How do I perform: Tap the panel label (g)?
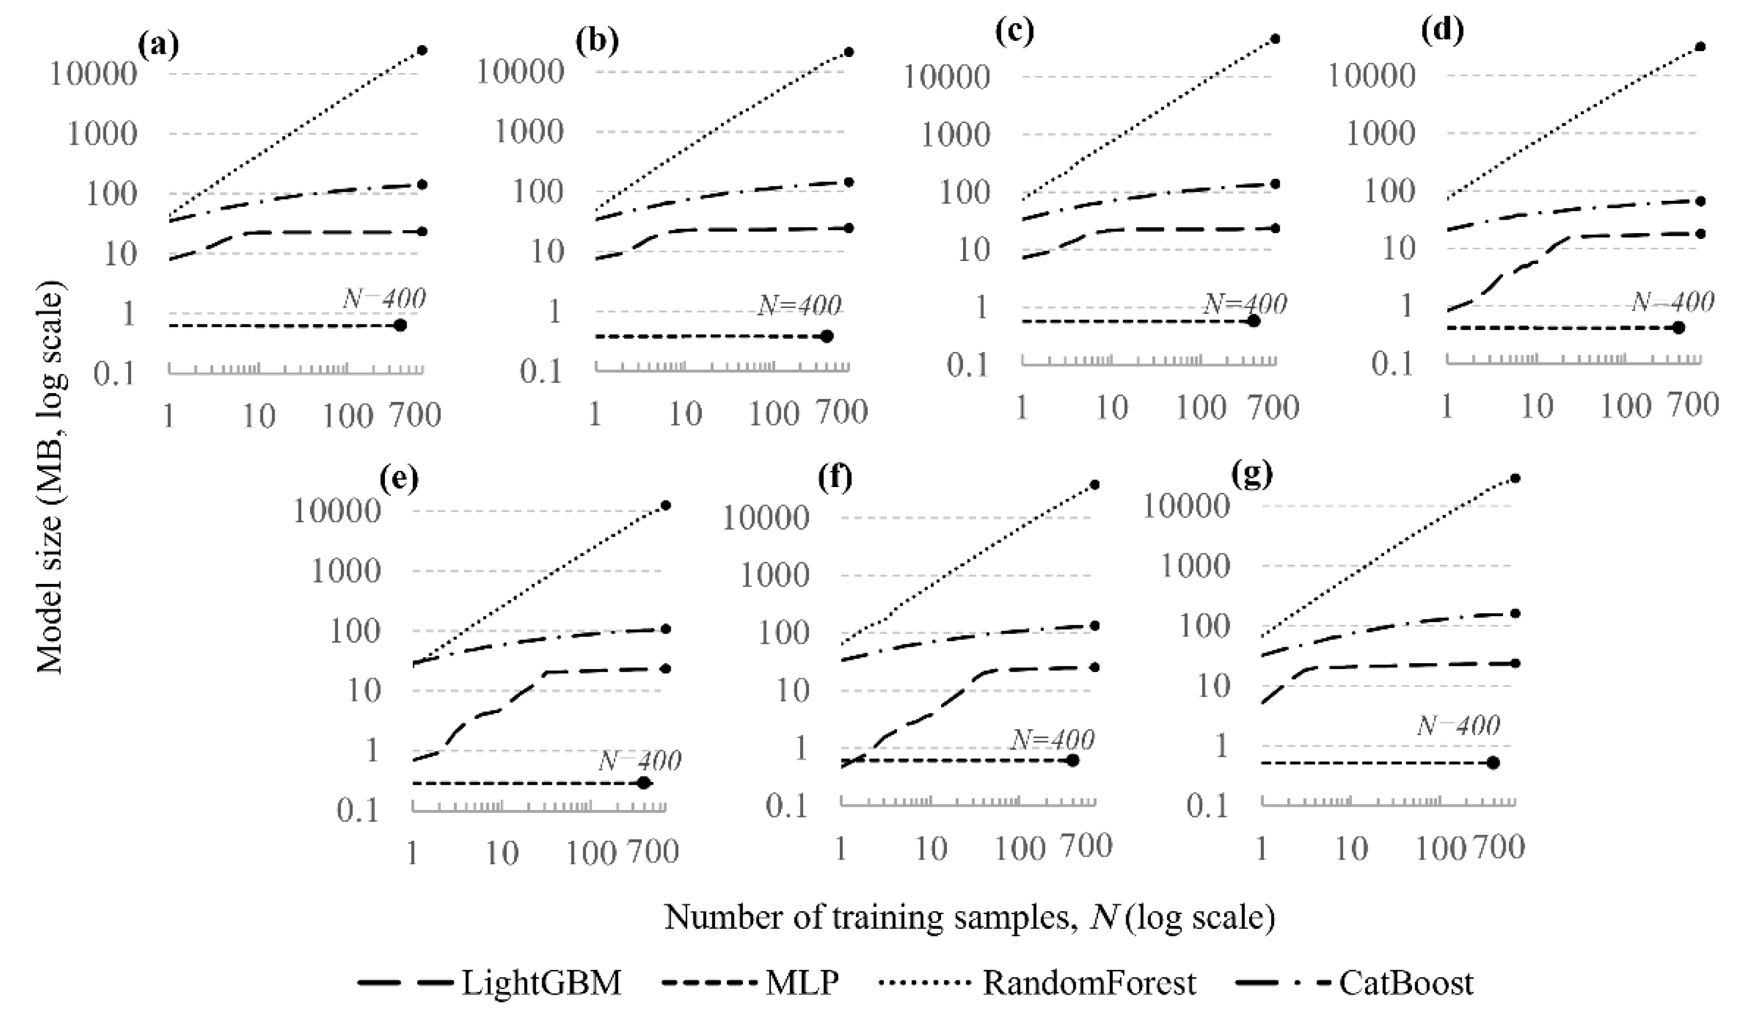point(1252,474)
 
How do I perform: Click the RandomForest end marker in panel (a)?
point(422,50)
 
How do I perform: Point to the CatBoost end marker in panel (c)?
point(1275,184)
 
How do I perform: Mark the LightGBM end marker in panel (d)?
point(1701,234)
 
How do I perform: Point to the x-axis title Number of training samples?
point(969,918)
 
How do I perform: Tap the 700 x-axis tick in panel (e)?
point(651,852)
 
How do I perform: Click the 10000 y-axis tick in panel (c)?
point(946,76)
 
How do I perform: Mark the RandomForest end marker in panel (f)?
point(1094,484)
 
